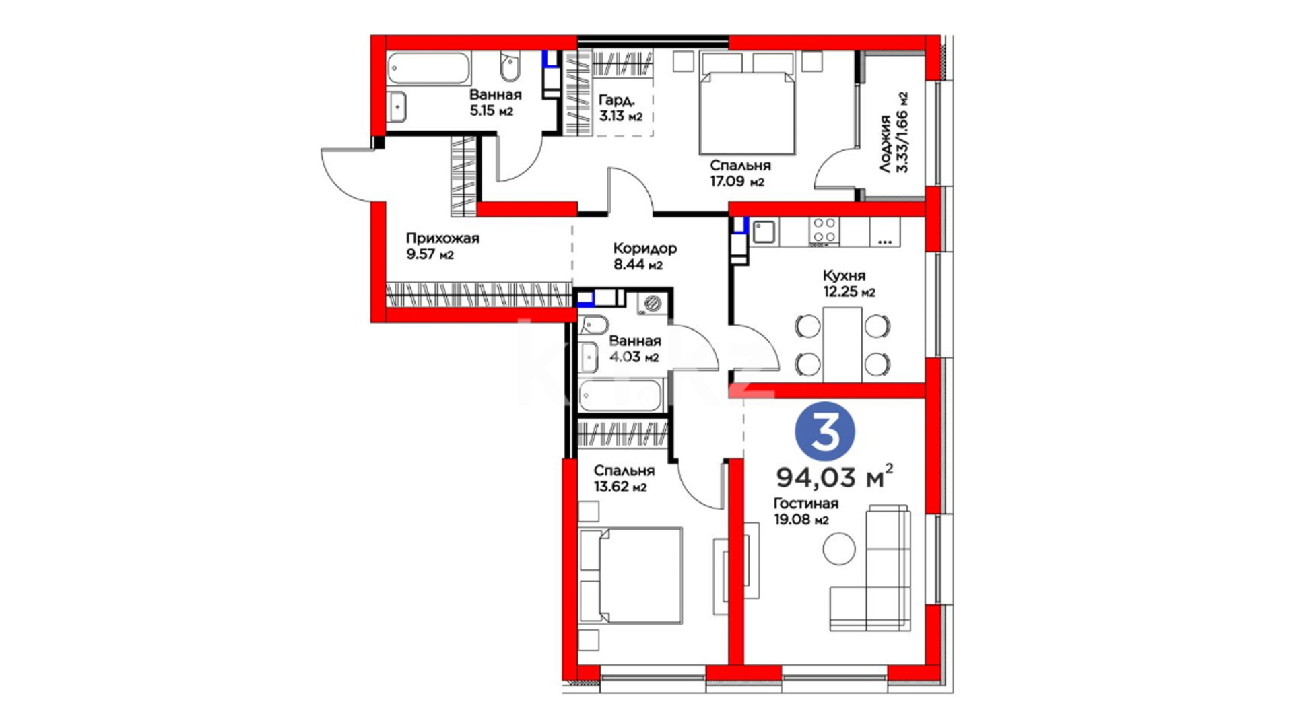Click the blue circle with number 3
click(825, 432)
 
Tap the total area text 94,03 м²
click(835, 476)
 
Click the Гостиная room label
click(806, 504)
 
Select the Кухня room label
click(844, 275)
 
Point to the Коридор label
click(644, 248)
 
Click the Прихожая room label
click(442, 238)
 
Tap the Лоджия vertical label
click(885, 143)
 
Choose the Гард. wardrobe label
click(616, 100)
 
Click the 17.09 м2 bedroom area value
click(737, 182)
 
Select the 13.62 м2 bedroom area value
click(620, 487)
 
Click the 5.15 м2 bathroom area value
click(492, 110)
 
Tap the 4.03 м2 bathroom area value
click(634, 357)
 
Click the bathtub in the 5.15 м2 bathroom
click(428, 69)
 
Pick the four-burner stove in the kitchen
click(824, 230)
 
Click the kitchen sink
click(764, 232)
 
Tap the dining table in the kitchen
click(842, 345)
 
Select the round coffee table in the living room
click(839, 549)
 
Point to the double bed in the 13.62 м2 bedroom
click(631, 576)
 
